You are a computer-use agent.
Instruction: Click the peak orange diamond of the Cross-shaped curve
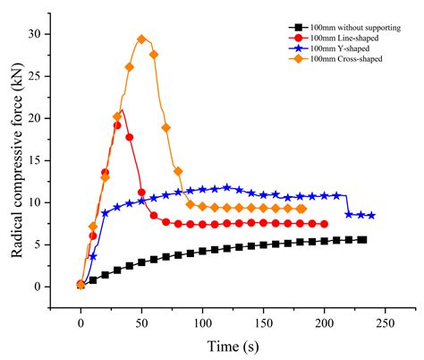pos(141,39)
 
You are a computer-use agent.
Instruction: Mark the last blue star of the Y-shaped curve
pos(371,216)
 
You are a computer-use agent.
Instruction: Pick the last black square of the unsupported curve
pos(362,239)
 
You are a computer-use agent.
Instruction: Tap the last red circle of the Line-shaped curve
pos(323,224)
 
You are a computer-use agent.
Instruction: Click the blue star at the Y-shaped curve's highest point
pos(227,187)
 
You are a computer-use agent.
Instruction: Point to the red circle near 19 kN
pos(117,125)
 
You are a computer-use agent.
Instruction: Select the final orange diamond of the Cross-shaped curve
pos(302,209)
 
